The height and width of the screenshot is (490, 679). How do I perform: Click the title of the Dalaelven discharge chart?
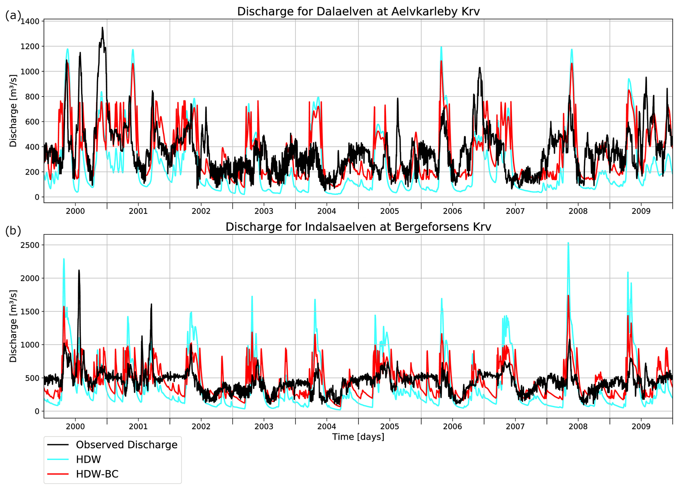[358, 11]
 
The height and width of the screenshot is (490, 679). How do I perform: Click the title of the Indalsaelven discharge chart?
[358, 227]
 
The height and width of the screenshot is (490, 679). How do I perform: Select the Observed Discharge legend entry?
[126, 445]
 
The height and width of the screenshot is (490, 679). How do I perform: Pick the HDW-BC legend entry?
[97, 474]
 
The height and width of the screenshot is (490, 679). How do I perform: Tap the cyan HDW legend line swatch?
[58, 459]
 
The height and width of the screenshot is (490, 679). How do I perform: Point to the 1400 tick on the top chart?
[30, 21]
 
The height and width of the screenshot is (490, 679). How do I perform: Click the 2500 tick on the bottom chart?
[30, 245]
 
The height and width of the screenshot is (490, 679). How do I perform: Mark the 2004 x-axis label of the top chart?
[327, 211]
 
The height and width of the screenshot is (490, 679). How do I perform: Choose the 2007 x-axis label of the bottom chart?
[515, 426]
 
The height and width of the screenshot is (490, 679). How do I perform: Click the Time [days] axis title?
[358, 437]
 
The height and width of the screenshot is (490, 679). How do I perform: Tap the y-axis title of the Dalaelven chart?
[13, 111]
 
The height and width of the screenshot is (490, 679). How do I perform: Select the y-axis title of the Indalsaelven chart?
[13, 326]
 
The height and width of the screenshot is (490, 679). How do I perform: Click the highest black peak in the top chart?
[102, 28]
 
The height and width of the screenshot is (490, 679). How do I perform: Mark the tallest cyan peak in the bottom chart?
[568, 243]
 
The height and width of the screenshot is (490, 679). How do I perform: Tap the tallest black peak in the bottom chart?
[79, 270]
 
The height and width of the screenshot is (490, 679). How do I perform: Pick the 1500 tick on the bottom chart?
[30, 311]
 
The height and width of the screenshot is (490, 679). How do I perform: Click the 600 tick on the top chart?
[33, 122]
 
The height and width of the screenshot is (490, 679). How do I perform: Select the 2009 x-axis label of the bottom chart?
[641, 426]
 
